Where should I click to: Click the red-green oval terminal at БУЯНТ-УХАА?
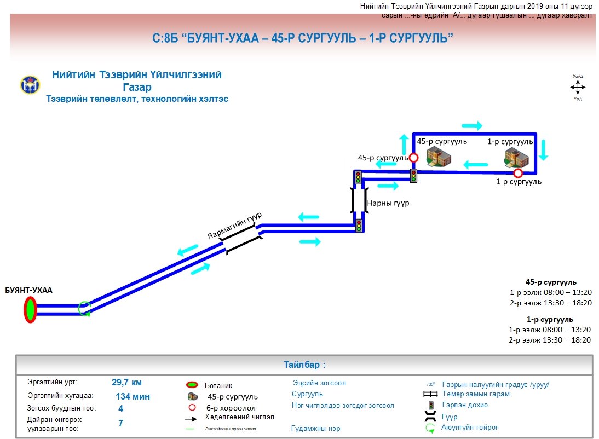pyautogui.click(x=30, y=310)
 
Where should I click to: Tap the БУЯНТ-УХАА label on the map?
pyautogui.click(x=28, y=290)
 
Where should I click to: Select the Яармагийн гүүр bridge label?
pyautogui.click(x=235, y=226)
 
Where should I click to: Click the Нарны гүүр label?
pyautogui.click(x=388, y=203)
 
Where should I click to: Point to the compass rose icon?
pyautogui.click(x=578, y=87)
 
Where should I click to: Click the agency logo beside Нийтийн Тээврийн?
pyautogui.click(x=30, y=84)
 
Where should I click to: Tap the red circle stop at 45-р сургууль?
pyautogui.click(x=414, y=158)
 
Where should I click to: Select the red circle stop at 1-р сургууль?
pyautogui.click(x=517, y=174)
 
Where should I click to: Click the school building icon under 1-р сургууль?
pyautogui.click(x=516, y=158)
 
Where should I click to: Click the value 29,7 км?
pyautogui.click(x=126, y=383)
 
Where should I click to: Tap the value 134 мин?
pyautogui.click(x=133, y=396)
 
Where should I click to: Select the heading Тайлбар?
pyautogui.click(x=304, y=365)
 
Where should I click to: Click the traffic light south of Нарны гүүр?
pyautogui.click(x=359, y=226)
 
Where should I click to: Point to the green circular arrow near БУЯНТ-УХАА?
pyautogui.click(x=84, y=309)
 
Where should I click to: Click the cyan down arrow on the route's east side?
pyautogui.click(x=543, y=149)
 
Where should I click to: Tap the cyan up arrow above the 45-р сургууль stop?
pyautogui.click(x=404, y=144)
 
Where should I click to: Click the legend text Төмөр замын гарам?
pyautogui.click(x=475, y=394)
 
